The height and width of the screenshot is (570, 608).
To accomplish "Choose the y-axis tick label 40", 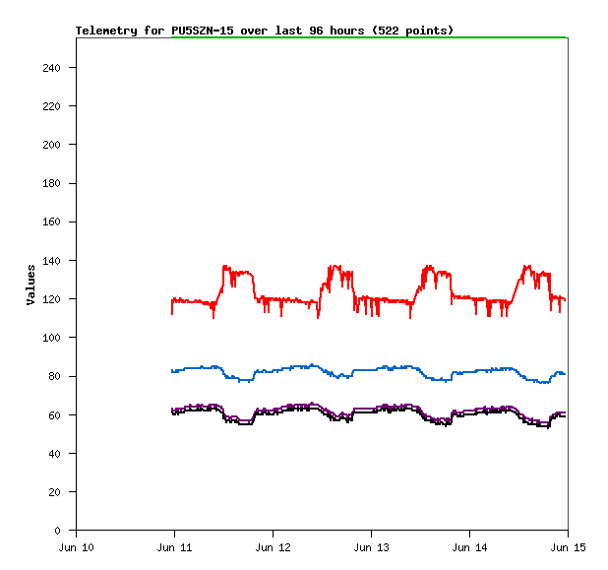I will point(61,454).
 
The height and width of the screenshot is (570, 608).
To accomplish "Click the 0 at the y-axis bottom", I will point(65,531).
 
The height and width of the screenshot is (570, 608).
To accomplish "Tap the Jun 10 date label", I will point(77,546).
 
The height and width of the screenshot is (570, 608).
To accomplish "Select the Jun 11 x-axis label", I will point(174,546).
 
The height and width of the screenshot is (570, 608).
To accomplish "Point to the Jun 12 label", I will point(273,546).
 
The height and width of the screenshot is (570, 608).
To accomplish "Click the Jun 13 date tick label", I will point(371,546).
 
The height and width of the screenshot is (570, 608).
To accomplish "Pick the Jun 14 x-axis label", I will point(468,546).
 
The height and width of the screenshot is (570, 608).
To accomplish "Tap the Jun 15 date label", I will point(567,546).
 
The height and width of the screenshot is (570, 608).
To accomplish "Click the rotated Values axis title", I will point(30,285).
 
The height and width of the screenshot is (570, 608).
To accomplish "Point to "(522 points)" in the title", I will point(413,31).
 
